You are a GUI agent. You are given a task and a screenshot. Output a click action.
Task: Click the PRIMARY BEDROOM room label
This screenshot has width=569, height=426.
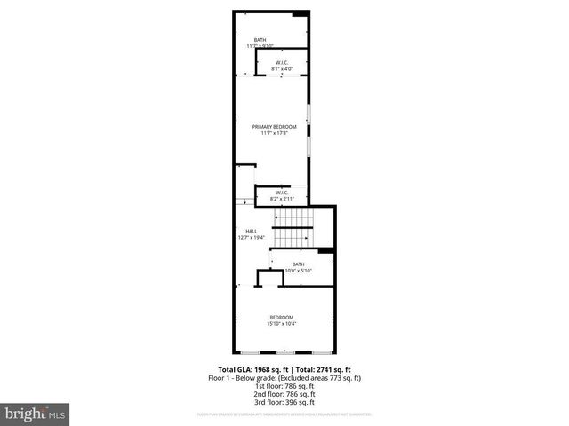point(274,127)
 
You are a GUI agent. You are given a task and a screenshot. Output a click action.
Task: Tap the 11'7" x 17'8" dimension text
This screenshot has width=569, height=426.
point(274,134)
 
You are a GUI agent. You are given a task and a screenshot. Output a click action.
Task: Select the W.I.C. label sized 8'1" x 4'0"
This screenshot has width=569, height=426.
point(281,62)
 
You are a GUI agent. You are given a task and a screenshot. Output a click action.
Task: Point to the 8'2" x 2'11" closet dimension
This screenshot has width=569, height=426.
point(282,199)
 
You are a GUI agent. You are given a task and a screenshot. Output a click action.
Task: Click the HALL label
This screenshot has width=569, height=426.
point(251,231)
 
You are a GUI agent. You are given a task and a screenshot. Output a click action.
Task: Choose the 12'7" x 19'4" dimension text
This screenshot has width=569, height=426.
point(251,238)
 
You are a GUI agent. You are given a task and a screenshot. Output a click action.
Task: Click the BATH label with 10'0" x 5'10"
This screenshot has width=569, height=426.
point(299,264)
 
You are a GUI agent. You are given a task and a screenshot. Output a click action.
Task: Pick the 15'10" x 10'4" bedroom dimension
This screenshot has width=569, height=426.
point(281,324)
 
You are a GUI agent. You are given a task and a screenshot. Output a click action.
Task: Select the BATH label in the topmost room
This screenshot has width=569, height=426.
point(260,39)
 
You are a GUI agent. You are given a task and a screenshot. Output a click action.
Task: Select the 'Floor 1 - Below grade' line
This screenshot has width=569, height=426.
point(284,377)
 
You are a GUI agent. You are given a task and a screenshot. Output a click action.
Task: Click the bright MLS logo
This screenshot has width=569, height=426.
point(36,414)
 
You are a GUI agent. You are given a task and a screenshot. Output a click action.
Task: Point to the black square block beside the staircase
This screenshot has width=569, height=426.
point(326,252)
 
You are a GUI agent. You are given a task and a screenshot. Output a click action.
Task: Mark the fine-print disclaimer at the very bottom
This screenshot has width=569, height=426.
point(284,414)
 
